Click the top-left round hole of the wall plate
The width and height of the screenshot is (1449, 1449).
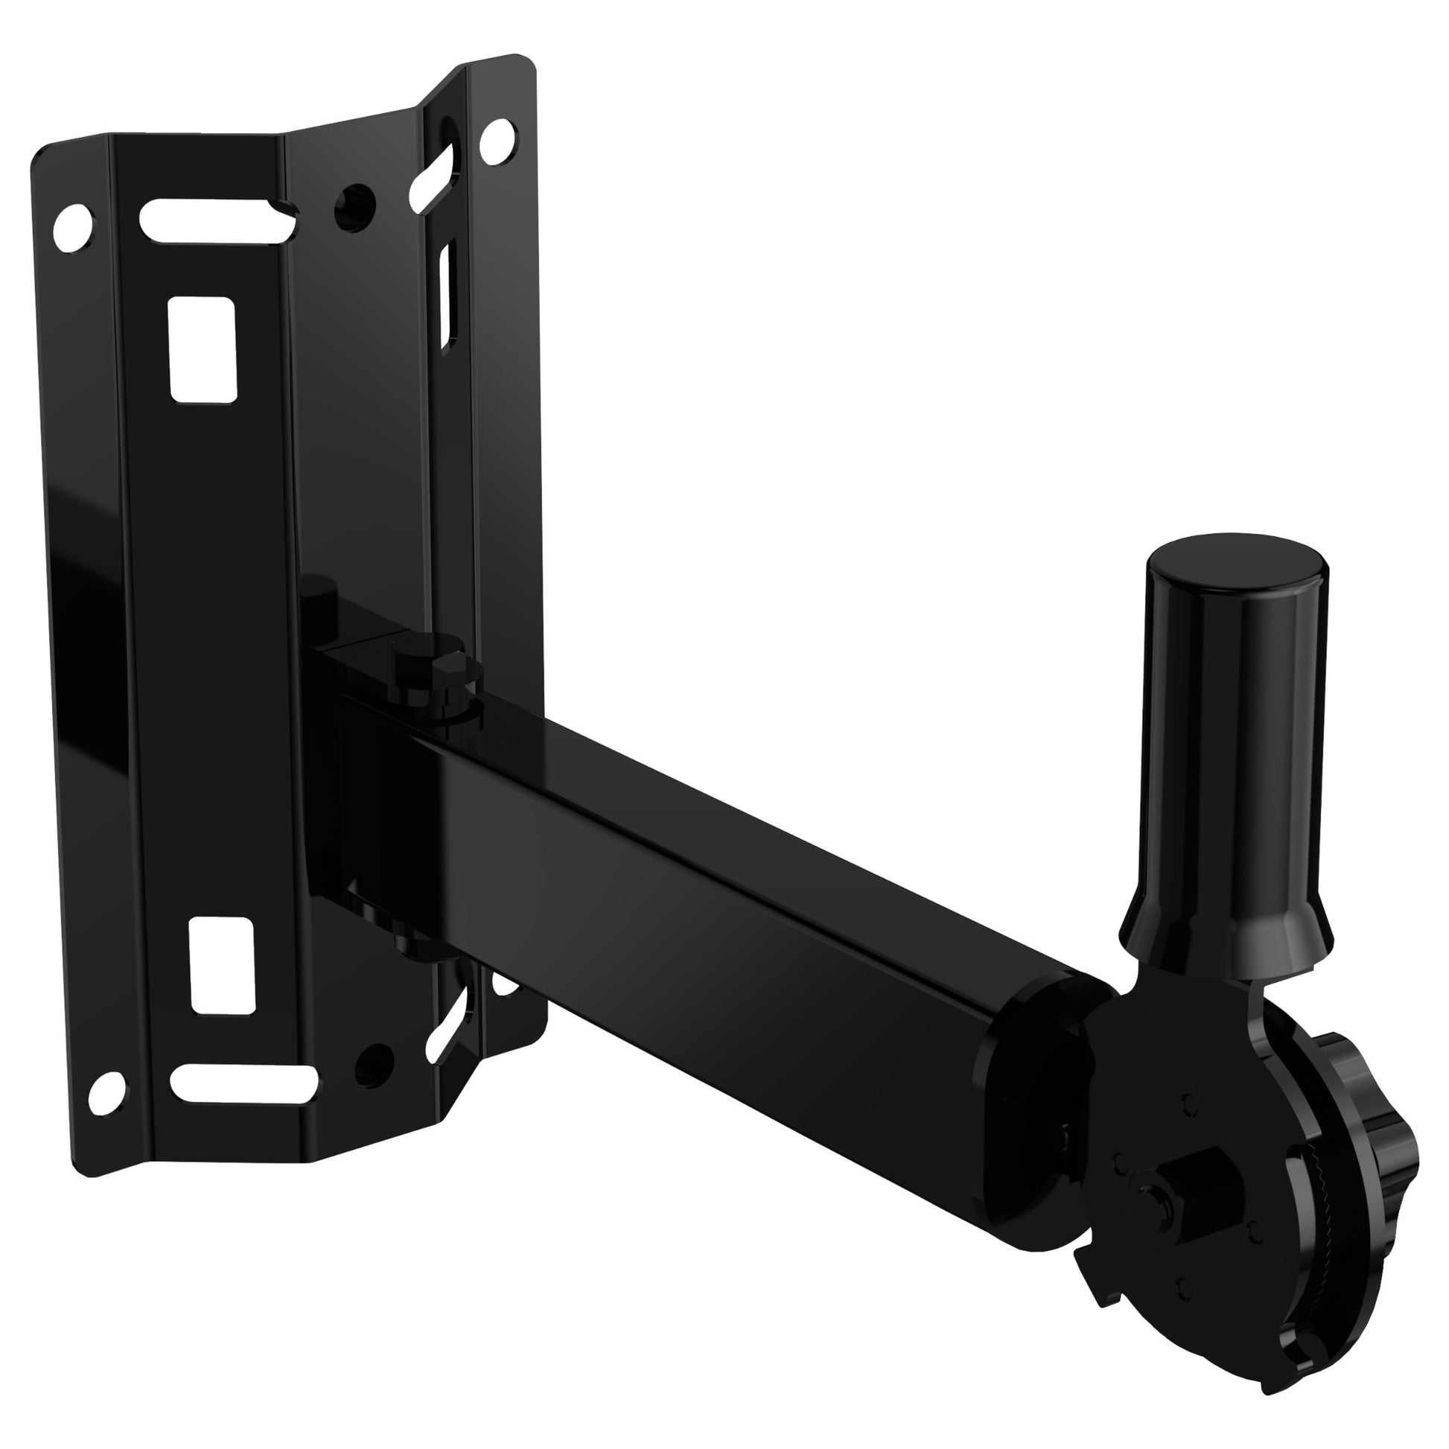click(75, 226)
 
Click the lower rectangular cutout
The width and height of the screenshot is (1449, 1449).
click(222, 964)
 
